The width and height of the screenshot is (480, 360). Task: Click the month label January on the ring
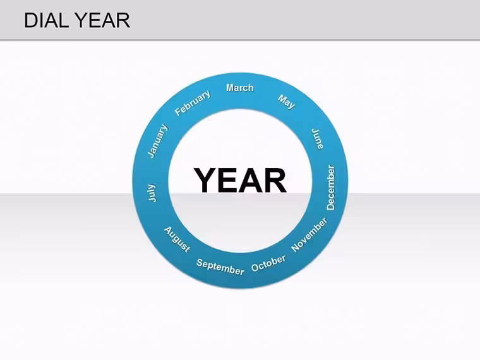(x=158, y=141)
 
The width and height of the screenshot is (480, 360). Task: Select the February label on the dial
(x=193, y=103)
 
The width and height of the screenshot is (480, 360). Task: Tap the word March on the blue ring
(x=240, y=88)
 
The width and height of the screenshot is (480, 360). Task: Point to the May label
(x=287, y=102)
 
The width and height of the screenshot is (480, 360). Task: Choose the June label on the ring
(x=318, y=139)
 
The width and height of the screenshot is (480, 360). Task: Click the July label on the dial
(x=152, y=193)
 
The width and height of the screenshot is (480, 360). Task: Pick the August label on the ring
(x=177, y=239)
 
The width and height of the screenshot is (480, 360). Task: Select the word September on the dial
(x=220, y=267)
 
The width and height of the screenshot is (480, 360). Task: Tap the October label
(x=268, y=263)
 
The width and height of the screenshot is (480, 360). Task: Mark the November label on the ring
(x=309, y=235)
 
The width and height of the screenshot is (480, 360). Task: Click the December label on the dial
(x=331, y=188)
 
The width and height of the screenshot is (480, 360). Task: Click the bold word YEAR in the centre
(x=240, y=180)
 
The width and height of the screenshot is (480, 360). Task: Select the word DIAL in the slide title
(x=46, y=20)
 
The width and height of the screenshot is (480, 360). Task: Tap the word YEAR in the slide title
(x=102, y=20)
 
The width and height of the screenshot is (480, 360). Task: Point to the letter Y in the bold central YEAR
(x=206, y=180)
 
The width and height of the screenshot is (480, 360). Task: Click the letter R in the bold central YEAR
(x=275, y=180)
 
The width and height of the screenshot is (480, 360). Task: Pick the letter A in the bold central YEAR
(x=250, y=180)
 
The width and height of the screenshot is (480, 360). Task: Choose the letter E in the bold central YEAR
(x=228, y=180)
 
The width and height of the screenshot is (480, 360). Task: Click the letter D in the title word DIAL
(x=31, y=20)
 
